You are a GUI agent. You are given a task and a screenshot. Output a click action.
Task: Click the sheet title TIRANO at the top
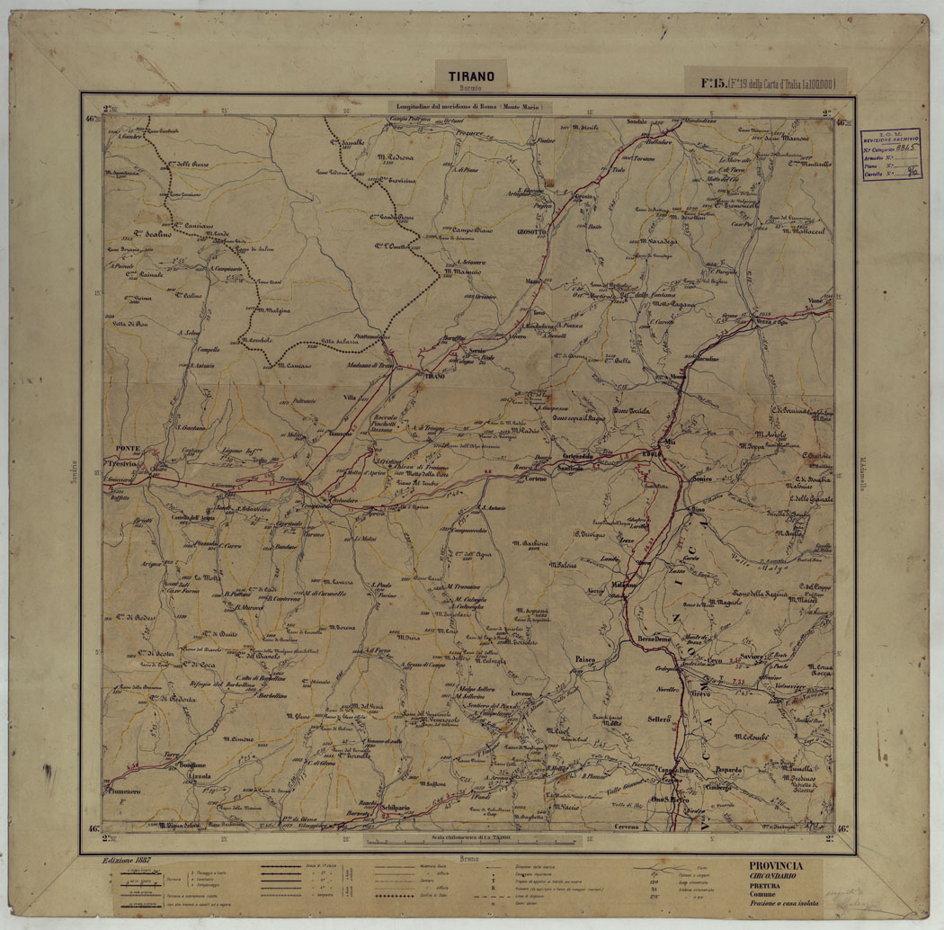coord(471,77)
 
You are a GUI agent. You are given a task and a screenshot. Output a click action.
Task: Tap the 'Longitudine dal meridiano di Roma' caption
coord(471,106)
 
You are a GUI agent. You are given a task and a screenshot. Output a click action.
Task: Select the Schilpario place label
coord(395,808)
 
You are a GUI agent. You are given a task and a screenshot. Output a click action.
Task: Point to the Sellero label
coord(659,719)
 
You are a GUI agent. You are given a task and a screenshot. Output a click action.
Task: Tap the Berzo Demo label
coord(655,638)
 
